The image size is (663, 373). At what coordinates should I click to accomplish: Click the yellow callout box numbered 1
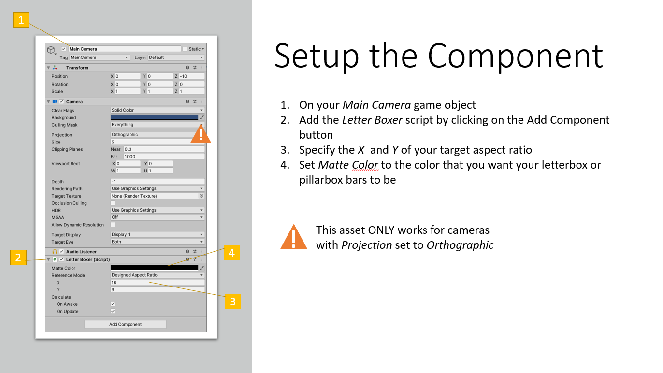pyautogui.click(x=21, y=20)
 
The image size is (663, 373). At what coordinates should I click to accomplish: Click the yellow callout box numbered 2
pyautogui.click(x=18, y=257)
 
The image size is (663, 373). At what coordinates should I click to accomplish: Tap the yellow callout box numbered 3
pyautogui.click(x=232, y=301)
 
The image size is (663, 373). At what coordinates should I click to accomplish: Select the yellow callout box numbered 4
pyautogui.click(x=232, y=253)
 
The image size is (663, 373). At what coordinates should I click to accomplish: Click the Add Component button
pyautogui.click(x=125, y=324)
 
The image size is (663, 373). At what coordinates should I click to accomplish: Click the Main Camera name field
pyautogui.click(x=125, y=49)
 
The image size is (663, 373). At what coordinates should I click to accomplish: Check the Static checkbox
pyautogui.click(x=185, y=49)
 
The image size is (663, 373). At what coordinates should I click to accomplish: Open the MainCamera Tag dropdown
pyautogui.click(x=99, y=57)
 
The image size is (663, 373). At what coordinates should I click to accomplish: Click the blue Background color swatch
pyautogui.click(x=154, y=117)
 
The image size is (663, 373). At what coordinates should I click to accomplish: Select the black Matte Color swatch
pyautogui.click(x=154, y=268)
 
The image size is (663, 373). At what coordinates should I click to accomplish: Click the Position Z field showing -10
pyautogui.click(x=192, y=76)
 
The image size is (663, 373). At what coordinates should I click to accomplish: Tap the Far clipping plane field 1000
pyautogui.click(x=164, y=157)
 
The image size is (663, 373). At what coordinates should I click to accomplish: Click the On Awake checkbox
pyautogui.click(x=113, y=304)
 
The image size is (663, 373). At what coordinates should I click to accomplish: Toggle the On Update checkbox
pyautogui.click(x=113, y=311)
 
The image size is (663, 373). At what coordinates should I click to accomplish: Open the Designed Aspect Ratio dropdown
pyautogui.click(x=158, y=275)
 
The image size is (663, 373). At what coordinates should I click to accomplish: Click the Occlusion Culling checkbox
pyautogui.click(x=113, y=203)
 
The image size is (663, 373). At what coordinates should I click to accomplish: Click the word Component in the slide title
pyautogui.click(x=515, y=56)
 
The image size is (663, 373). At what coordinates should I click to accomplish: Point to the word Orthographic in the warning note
pyautogui.click(x=460, y=245)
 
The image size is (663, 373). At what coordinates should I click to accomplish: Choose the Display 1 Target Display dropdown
pyautogui.click(x=158, y=234)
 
